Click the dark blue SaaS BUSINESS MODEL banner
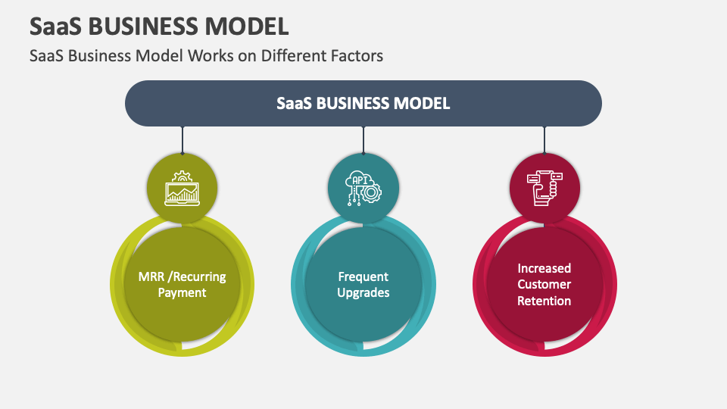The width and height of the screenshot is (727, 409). [x=363, y=104]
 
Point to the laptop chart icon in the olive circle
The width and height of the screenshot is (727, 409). [x=183, y=189]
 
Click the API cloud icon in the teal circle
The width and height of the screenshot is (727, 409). [x=363, y=189]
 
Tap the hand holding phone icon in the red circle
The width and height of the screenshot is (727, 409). [x=544, y=189]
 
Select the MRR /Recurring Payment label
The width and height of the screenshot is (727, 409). [x=183, y=284]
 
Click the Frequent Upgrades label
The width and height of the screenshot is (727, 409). [x=363, y=284]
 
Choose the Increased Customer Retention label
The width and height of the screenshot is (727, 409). [x=544, y=284]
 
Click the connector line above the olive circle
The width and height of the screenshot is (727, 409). [x=183, y=140]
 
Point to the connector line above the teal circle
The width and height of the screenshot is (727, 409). [x=363, y=140]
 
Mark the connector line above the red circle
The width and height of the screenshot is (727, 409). [x=544, y=140]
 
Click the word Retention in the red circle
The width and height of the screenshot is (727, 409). [x=544, y=301]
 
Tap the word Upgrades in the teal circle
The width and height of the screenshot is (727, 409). [x=363, y=293]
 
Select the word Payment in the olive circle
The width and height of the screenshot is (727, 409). [x=183, y=293]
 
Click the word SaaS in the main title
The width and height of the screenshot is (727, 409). [x=56, y=27]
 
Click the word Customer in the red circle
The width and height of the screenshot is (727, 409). [x=544, y=284]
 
